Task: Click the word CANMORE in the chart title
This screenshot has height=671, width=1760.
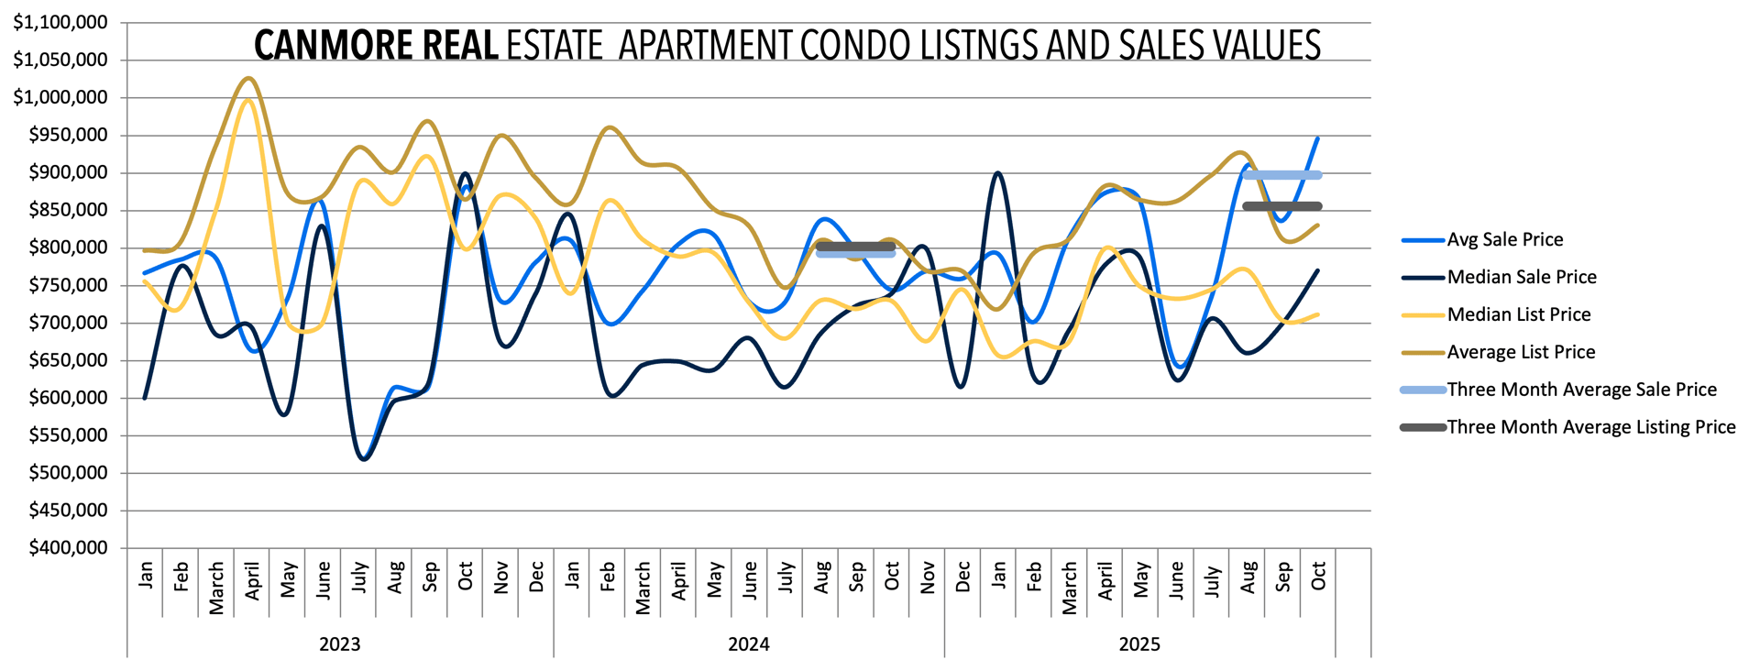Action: click(313, 45)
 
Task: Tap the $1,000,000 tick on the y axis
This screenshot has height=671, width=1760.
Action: click(60, 97)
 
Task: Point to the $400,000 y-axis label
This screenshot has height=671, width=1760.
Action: click(68, 547)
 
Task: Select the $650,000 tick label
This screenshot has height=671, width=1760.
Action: click(68, 359)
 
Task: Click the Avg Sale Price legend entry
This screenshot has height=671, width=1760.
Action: click(1504, 239)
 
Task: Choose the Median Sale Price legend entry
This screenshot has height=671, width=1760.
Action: click(1521, 277)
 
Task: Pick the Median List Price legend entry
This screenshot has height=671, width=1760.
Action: click(1518, 314)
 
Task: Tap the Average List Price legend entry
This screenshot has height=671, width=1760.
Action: click(1521, 352)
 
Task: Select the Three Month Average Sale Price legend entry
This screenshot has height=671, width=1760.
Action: click(1581, 390)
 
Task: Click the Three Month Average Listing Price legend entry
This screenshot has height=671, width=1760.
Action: click(1590, 427)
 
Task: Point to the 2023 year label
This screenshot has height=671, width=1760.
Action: click(339, 643)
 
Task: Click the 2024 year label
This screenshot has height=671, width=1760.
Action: click(748, 643)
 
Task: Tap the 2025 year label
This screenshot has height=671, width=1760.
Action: click(1139, 643)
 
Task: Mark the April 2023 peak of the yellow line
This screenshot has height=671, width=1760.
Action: click(247, 99)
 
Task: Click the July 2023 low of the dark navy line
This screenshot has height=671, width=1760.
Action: click(364, 458)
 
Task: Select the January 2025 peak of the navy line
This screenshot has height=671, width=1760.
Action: click(997, 172)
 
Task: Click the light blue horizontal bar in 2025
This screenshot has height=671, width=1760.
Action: click(1281, 175)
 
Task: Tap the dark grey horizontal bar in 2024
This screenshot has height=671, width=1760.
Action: click(855, 246)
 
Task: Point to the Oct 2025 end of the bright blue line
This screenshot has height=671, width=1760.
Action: click(1318, 138)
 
